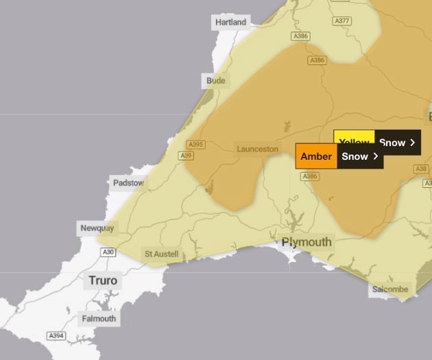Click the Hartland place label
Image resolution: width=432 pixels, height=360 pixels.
(x=230, y=22)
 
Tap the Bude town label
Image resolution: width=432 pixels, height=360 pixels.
(x=215, y=81)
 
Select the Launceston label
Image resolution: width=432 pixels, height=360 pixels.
(x=257, y=149)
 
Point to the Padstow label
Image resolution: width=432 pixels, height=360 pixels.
(x=128, y=183)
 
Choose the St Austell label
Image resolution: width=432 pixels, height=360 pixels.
(x=161, y=254)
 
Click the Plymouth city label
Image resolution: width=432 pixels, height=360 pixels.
(x=307, y=242)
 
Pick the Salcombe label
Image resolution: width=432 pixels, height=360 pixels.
(x=391, y=289)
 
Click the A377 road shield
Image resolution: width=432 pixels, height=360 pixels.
(x=342, y=21)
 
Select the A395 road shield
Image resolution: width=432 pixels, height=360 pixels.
(x=195, y=145)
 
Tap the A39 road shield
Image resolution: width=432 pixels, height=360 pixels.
(x=186, y=156)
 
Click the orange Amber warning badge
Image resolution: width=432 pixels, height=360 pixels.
(x=316, y=156)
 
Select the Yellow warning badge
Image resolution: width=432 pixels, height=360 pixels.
(x=354, y=142)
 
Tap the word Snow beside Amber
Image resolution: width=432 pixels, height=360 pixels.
(x=355, y=156)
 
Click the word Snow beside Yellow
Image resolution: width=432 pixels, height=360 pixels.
(x=392, y=143)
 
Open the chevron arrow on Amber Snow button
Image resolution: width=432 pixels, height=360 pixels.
(x=376, y=156)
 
